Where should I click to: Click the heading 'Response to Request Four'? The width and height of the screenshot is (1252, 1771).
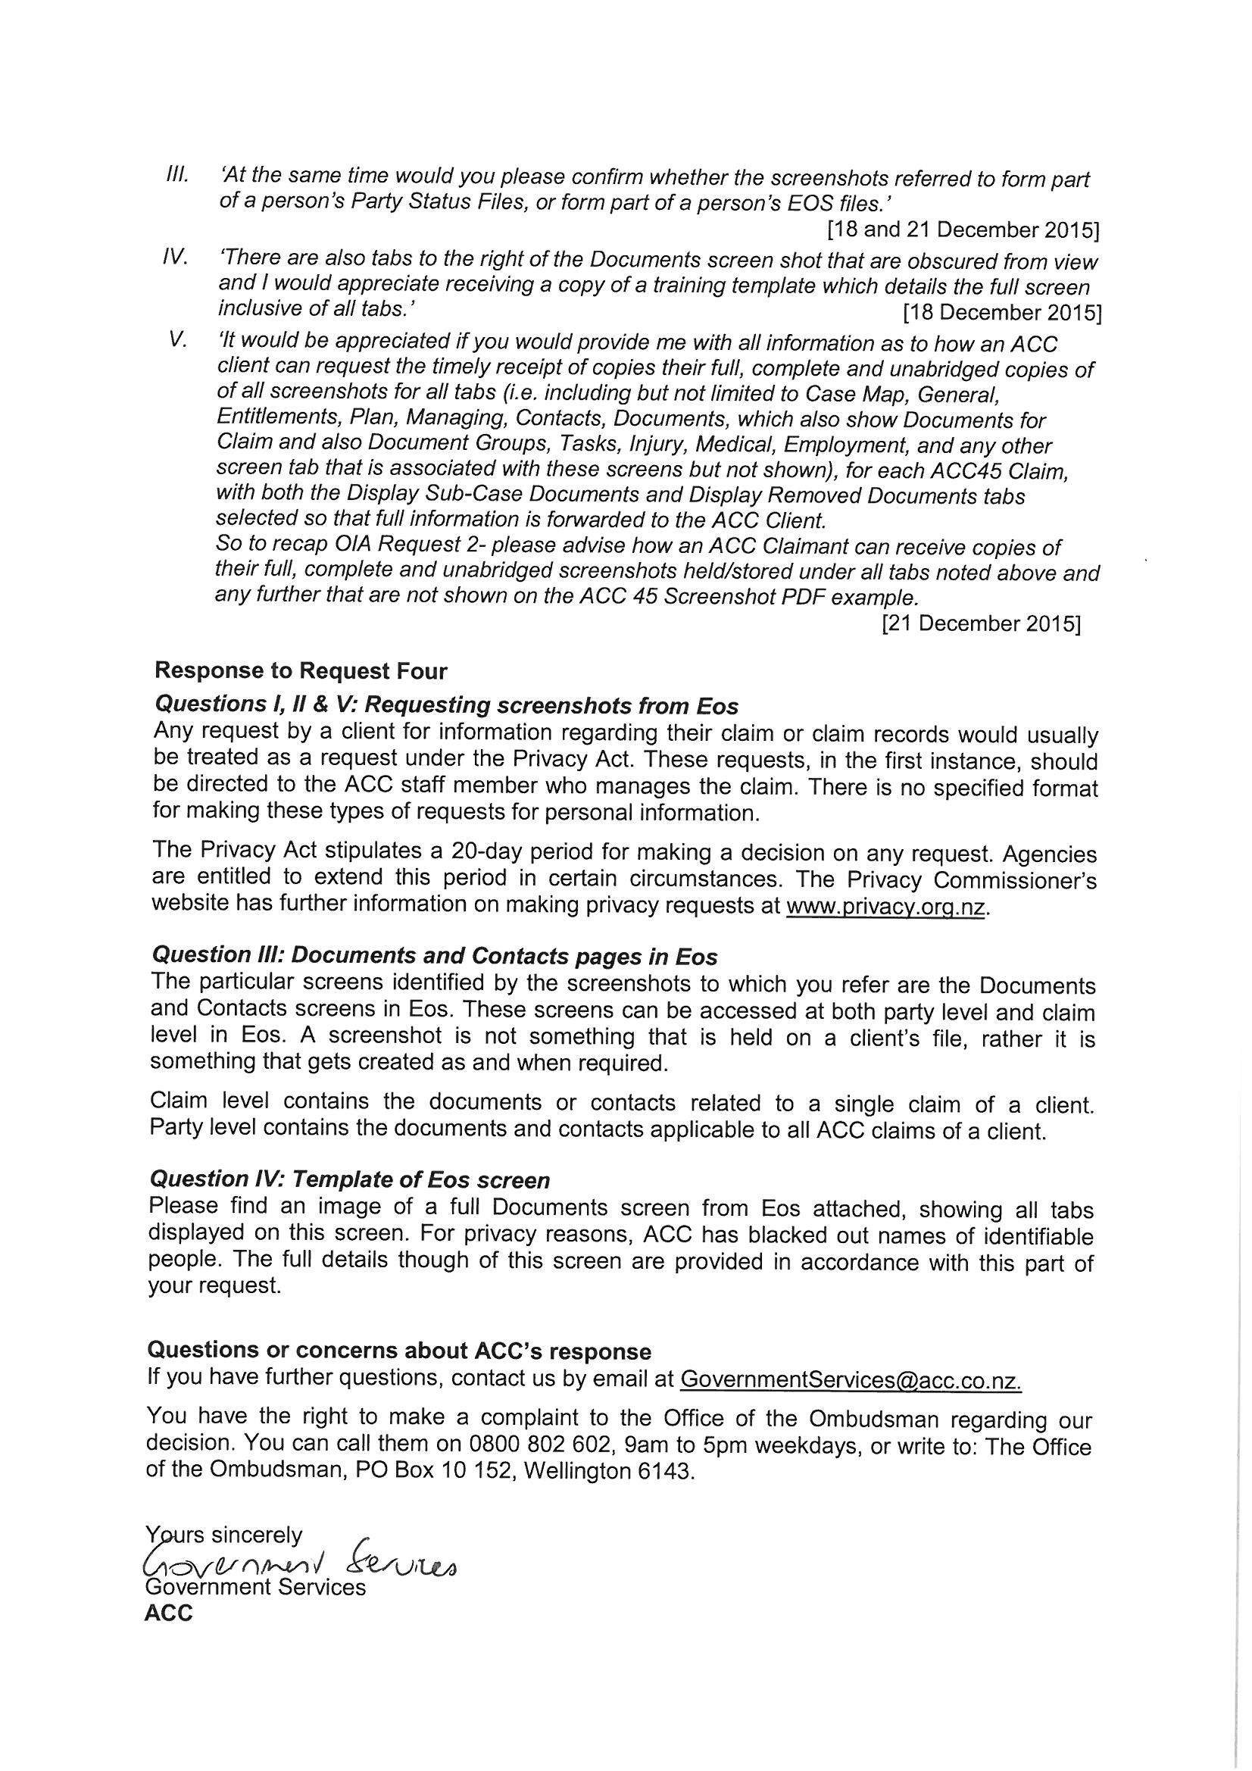pos(301,671)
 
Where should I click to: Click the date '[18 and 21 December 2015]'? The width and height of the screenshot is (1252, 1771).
pos(963,230)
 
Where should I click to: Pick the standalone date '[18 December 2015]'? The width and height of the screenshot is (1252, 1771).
pos(1001,312)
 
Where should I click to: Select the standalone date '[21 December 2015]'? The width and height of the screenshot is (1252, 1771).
pos(979,624)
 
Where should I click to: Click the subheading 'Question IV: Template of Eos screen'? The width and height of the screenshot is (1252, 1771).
pos(349,1179)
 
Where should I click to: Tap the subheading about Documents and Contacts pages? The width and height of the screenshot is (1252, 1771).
pos(434,957)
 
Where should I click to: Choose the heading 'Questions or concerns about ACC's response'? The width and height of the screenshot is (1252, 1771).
pos(399,1351)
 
